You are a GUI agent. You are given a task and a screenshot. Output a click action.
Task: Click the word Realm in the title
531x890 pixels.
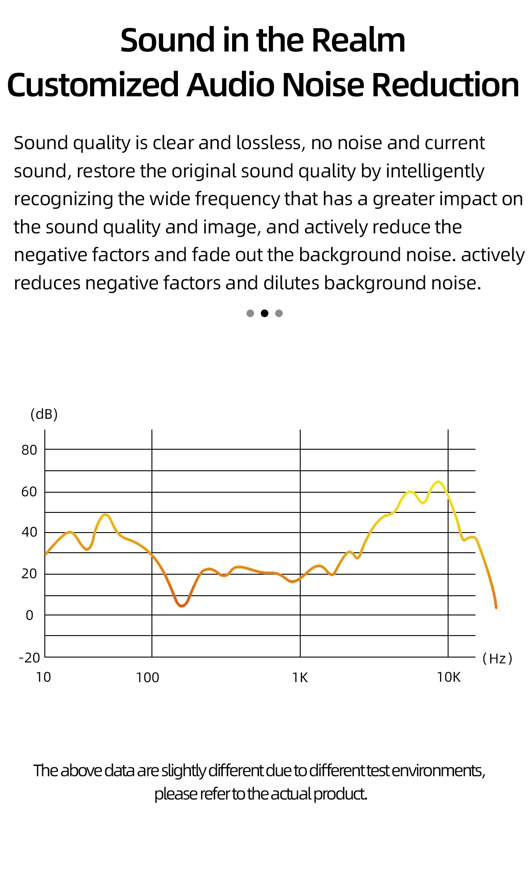(358, 41)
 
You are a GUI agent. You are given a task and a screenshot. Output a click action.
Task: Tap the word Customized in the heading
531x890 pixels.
(93, 85)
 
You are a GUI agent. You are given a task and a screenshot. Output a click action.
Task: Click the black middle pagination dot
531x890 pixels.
(264, 314)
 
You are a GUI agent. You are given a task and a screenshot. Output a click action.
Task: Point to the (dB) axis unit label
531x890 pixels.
(44, 414)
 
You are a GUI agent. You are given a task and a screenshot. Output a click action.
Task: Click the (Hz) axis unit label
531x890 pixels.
(497, 658)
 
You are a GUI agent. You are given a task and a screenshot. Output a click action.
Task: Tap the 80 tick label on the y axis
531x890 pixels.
(30, 450)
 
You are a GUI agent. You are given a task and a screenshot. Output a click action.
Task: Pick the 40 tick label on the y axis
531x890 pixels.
(30, 533)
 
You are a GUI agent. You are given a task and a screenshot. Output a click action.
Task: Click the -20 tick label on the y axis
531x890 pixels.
(30, 658)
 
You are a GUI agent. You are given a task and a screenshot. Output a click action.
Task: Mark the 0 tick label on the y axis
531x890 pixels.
(30, 616)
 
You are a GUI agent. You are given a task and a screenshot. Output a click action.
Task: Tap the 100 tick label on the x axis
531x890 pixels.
(147, 678)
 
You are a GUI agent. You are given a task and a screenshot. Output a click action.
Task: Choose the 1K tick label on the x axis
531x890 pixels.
(300, 678)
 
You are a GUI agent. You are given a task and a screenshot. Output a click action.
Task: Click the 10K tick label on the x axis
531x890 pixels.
(449, 677)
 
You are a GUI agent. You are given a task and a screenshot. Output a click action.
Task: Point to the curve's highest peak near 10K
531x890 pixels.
(439, 482)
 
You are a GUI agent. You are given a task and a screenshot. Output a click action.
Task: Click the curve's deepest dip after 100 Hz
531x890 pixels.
(181, 606)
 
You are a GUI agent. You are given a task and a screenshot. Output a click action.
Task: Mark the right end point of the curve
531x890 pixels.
(496, 607)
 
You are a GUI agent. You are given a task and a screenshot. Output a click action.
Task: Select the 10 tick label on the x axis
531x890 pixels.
(43, 677)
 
